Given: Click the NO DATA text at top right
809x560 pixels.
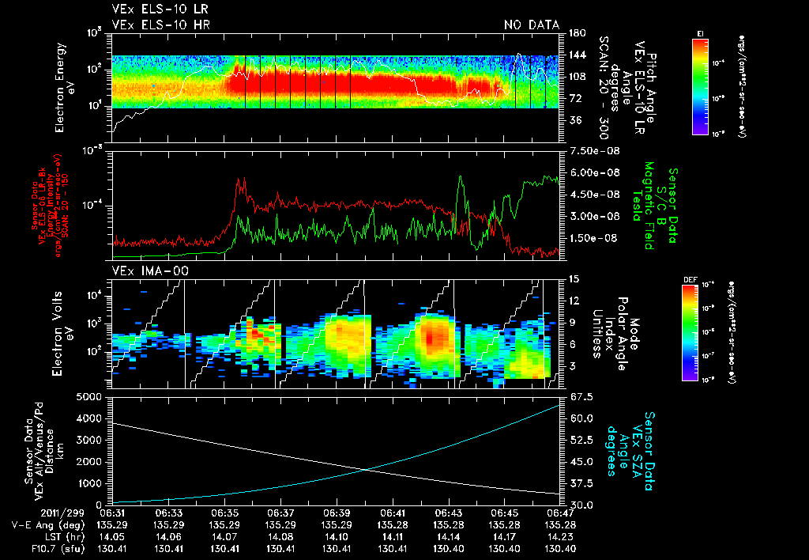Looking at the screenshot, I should click(x=532, y=25).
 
